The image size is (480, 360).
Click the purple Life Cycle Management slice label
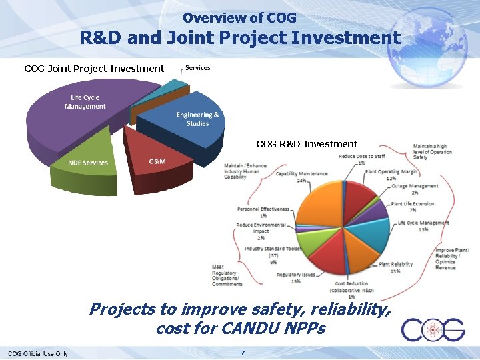(x=85, y=102)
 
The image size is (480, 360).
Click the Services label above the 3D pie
(x=197, y=68)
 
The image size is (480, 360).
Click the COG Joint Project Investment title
(x=94, y=68)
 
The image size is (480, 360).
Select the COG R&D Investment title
(x=307, y=144)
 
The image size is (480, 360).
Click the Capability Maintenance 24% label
(x=302, y=177)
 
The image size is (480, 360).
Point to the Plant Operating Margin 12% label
(x=391, y=175)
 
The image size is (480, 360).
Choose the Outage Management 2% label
(x=414, y=189)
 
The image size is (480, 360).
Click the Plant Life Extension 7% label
(x=413, y=207)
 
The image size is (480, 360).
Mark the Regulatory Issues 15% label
(x=296, y=277)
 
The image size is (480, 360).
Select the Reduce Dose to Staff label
(x=361, y=159)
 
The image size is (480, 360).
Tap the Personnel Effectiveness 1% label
(x=263, y=212)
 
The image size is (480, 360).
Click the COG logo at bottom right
(x=433, y=330)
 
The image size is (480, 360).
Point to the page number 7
(x=243, y=352)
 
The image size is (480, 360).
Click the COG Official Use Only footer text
(x=38, y=353)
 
